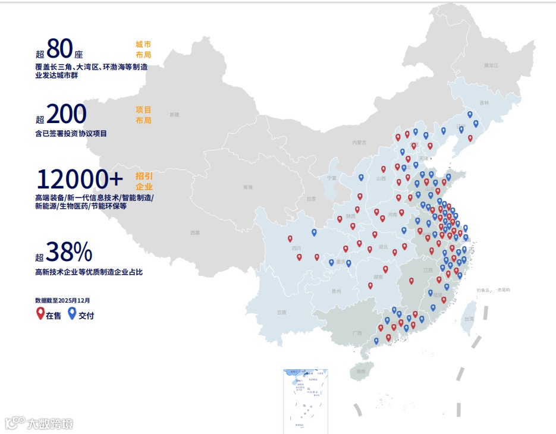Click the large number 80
pos(59,48)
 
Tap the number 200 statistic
pos(67,114)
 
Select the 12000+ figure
pos(80,178)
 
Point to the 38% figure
pos(70,252)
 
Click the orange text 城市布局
pos(143,49)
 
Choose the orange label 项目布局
pos(143,115)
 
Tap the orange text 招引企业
pos(144,181)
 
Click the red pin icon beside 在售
pos(40,313)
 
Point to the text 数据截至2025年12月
pos(62,301)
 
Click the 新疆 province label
pos(174,114)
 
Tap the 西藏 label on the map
pos(195,232)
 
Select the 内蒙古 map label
pos(359,143)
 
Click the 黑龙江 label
pos(491,64)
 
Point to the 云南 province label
pos(282,312)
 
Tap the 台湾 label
pos(469,319)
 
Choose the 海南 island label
pos(360,372)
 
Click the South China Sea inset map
pos(306,400)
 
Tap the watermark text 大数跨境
pos(50,424)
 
